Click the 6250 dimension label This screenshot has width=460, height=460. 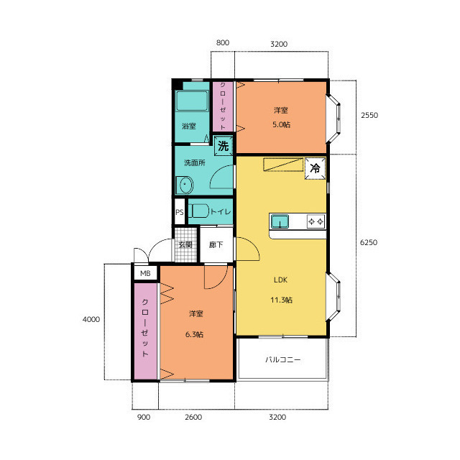coord(369,242)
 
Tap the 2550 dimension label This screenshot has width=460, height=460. coord(369,115)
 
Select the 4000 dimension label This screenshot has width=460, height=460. coord(91,319)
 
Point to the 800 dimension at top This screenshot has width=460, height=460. coord(223,42)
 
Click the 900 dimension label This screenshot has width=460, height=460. coord(144,417)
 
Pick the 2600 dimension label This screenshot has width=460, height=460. coord(193,417)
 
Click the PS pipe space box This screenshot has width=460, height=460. coord(180,212)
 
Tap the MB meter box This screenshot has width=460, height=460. coord(145,273)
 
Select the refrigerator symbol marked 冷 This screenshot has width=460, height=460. coord(315,168)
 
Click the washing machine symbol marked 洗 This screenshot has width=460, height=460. coord(224,145)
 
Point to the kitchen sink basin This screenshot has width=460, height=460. coord(280,221)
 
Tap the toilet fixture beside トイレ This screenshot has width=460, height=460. coord(198,211)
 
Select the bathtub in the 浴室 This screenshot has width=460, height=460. coord(192,101)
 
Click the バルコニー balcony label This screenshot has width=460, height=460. coord(282,359)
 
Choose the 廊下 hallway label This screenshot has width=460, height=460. coord(216,244)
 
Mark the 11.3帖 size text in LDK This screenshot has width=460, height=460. coord(281,300)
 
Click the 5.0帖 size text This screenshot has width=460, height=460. coord(281,124)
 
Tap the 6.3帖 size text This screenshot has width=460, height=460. coord(194,334)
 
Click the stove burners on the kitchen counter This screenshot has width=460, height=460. coord(316,221)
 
